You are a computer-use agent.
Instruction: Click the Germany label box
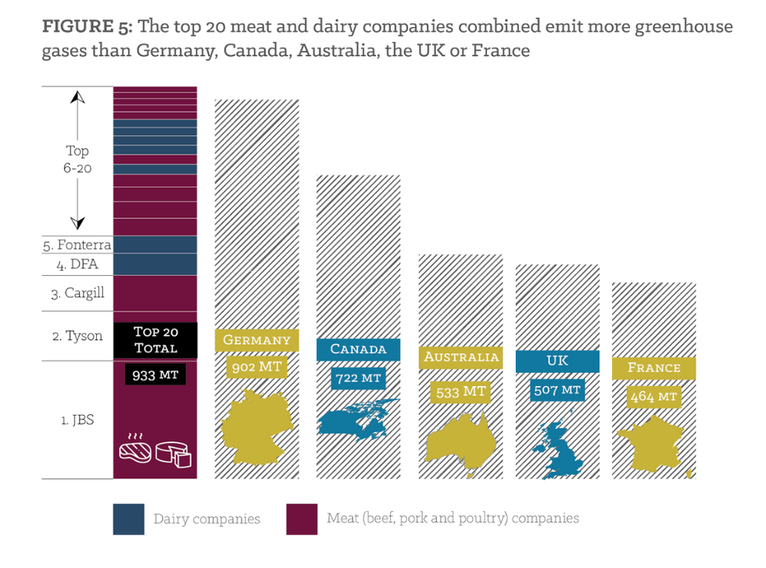click(256, 340)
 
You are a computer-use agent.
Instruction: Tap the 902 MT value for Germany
click(256, 366)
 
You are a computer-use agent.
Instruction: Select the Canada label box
click(358, 348)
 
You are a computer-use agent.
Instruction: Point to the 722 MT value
click(358, 377)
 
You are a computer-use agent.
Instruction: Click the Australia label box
click(461, 358)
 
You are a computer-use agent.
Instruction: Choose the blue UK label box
click(557, 361)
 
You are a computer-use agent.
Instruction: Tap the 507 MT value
click(558, 389)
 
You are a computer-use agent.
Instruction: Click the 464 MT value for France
click(654, 397)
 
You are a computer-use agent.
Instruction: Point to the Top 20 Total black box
click(156, 340)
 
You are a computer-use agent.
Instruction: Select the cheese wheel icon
click(175, 453)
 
